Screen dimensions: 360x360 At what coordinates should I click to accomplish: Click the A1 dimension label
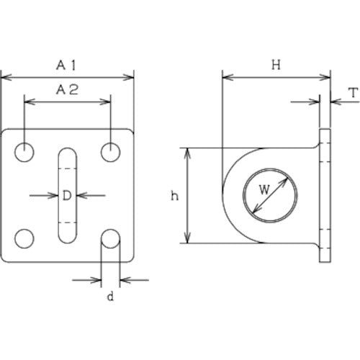click(66, 66)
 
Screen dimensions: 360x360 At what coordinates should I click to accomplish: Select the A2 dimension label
click(67, 90)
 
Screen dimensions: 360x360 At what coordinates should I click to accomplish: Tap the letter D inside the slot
click(67, 196)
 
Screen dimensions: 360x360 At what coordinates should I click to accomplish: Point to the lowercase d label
click(110, 297)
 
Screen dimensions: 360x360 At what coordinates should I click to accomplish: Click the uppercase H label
click(276, 65)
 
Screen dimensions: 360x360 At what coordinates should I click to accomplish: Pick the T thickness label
click(354, 93)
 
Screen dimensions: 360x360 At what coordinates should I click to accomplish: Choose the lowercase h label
click(174, 196)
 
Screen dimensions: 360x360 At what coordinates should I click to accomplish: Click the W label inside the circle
click(264, 190)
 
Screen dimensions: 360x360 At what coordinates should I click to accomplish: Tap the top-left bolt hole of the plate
click(24, 152)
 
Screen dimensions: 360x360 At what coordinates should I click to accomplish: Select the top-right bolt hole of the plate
click(110, 152)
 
